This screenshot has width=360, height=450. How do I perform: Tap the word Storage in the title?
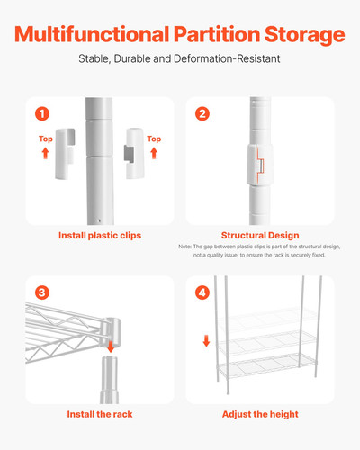click(x=301, y=35)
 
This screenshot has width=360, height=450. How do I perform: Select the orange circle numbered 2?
click(x=202, y=113)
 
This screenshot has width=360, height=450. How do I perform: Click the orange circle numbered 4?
click(x=202, y=292)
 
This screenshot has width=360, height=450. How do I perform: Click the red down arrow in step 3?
click(x=110, y=346)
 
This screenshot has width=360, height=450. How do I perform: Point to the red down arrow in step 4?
click(x=206, y=341)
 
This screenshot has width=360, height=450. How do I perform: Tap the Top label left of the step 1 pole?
click(x=45, y=139)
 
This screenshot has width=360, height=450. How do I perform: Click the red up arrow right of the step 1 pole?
click(x=154, y=153)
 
